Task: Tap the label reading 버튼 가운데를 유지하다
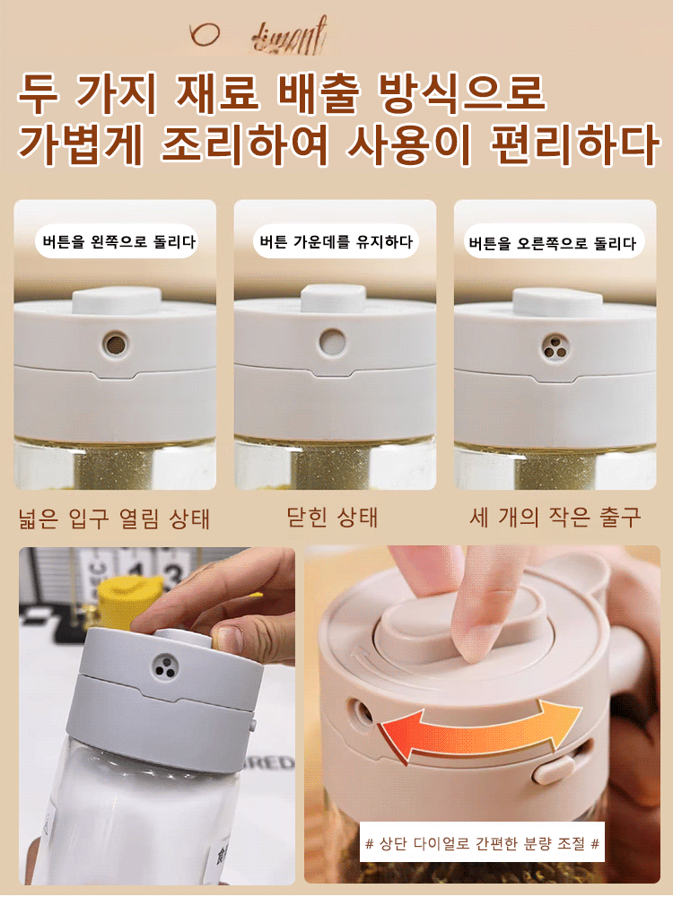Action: click(x=336, y=241)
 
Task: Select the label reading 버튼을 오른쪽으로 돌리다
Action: click(x=552, y=243)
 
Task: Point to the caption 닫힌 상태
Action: click(x=332, y=518)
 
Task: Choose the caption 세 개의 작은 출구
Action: click(x=555, y=518)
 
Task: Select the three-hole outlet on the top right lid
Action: click(x=554, y=345)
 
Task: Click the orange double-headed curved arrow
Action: click(x=479, y=725)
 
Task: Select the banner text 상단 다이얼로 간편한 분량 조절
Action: click(x=482, y=843)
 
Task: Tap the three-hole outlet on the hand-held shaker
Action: click(x=163, y=665)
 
